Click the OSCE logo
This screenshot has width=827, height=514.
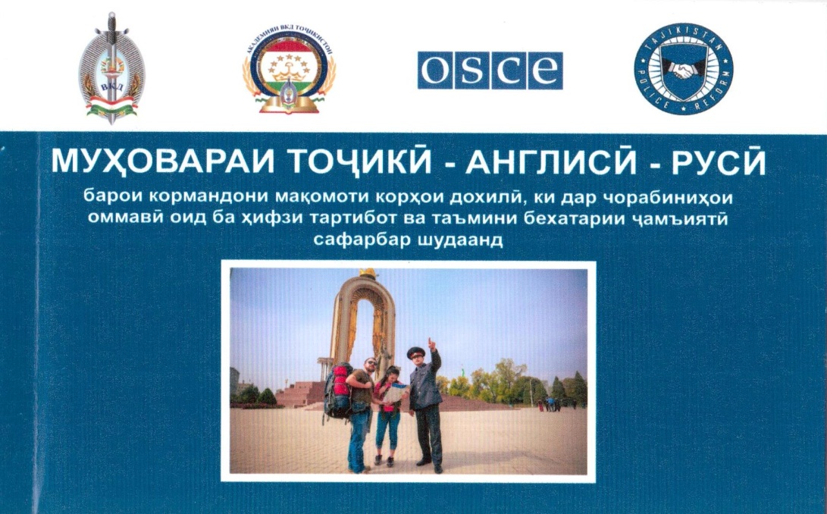pyautogui.click(x=490, y=71)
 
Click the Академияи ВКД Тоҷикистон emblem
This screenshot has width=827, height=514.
pyautogui.click(x=289, y=71)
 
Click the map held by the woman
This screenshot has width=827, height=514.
pyautogui.click(x=396, y=393)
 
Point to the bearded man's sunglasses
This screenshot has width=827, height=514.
pyautogui.click(x=371, y=363)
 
